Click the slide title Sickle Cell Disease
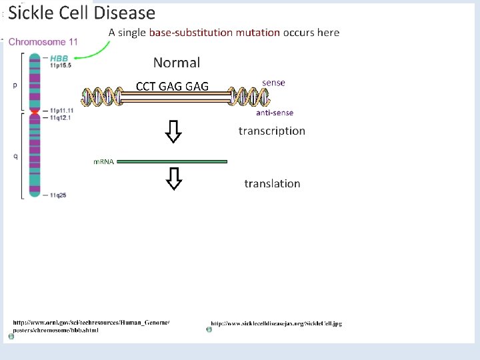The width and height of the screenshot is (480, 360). pyautogui.click(x=81, y=13)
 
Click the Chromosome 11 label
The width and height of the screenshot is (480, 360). pyautogui.click(x=43, y=41)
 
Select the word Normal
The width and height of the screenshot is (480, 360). pyautogui.click(x=176, y=63)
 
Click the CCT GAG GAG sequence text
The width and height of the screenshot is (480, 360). pyautogui.click(x=172, y=86)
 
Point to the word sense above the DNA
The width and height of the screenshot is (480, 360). pyautogui.click(x=273, y=83)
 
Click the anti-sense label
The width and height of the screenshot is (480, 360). pyautogui.click(x=275, y=113)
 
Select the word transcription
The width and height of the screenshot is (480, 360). pyautogui.click(x=271, y=131)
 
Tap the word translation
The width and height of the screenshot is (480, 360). pyautogui.click(x=272, y=183)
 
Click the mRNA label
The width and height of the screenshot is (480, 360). pyautogui.click(x=103, y=162)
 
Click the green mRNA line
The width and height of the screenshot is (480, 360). pyautogui.click(x=172, y=161)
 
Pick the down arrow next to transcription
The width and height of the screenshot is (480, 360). pyautogui.click(x=173, y=133)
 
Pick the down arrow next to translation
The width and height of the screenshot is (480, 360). pyautogui.click(x=173, y=179)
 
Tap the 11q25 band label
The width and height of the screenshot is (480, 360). pyautogui.click(x=57, y=195)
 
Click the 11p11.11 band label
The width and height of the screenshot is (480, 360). pyautogui.click(x=61, y=111)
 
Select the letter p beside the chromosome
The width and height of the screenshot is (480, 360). pyautogui.click(x=15, y=85)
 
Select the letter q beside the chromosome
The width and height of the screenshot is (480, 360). pyautogui.click(x=15, y=157)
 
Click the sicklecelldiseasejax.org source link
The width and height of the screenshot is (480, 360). pyautogui.click(x=276, y=324)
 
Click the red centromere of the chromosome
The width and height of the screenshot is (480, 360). pyautogui.click(x=35, y=113)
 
